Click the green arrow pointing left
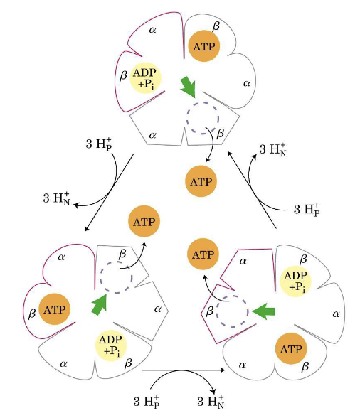pyautogui.click(x=263, y=311)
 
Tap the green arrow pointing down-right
pyautogui.click(x=189, y=87)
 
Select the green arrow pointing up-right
pyautogui.click(x=100, y=304)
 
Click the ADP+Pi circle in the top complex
pyautogui.click(x=146, y=78)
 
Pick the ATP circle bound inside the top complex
pyautogui.click(x=204, y=45)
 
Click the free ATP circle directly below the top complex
pyautogui.click(x=201, y=181)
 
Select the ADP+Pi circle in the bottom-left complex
pyautogui.click(x=111, y=346)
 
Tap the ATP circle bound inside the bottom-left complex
pyautogui.click(x=55, y=309)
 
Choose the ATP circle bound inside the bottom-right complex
pyautogui.click(x=291, y=348)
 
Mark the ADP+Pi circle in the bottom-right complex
pyautogui.click(x=296, y=280)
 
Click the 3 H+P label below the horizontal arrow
pyautogui.click(x=147, y=402)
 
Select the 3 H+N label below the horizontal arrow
pyautogui.click(x=211, y=402)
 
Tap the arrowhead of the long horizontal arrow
pyautogui.click(x=223, y=370)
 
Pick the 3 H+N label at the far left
pyautogui.click(x=56, y=198)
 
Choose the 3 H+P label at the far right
pyautogui.click(x=307, y=210)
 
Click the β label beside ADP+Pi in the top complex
pyautogui.click(x=123, y=75)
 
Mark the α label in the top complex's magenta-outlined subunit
pyautogui.click(x=152, y=30)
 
